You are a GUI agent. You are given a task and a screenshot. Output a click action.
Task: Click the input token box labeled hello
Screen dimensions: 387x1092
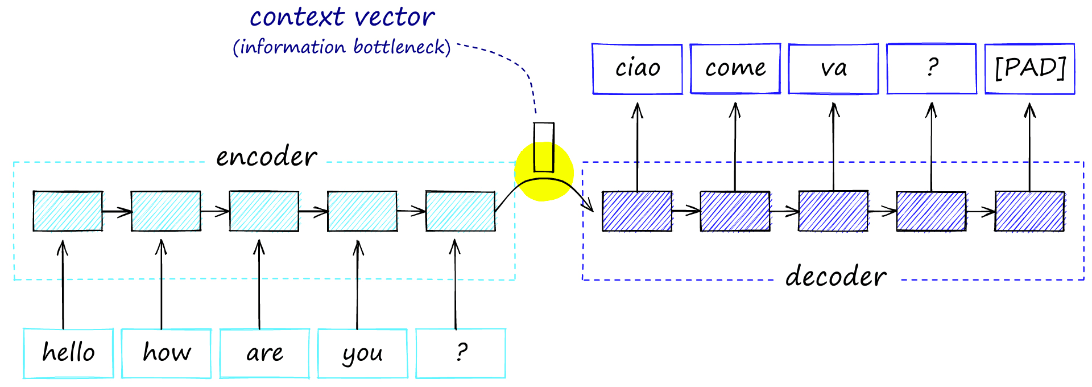pyautogui.click(x=68, y=353)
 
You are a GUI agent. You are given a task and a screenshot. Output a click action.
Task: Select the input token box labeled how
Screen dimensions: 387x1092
pyautogui.click(x=166, y=353)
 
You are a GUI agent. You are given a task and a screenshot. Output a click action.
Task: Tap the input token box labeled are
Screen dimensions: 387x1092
pyautogui.click(x=264, y=353)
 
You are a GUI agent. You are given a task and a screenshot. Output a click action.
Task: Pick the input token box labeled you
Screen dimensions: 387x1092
pyautogui.click(x=362, y=353)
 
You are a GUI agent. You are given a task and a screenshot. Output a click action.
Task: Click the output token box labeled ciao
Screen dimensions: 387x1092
pyautogui.click(x=637, y=69)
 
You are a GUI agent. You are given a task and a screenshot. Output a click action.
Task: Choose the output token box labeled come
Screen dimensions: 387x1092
pyautogui.click(x=735, y=69)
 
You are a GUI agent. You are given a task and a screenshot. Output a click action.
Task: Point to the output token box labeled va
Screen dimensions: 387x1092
pyautogui.click(x=833, y=69)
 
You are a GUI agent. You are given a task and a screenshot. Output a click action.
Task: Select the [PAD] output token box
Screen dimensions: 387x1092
pyautogui.click(x=1030, y=69)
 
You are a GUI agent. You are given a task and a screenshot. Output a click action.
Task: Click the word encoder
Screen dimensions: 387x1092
pyautogui.click(x=266, y=157)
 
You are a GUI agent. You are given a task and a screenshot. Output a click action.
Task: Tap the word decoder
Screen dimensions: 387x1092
pyautogui.click(x=835, y=277)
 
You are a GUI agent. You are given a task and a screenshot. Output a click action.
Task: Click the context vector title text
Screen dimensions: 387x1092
pyautogui.click(x=342, y=17)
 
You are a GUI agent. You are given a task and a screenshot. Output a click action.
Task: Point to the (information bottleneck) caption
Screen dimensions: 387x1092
pyautogui.click(x=342, y=47)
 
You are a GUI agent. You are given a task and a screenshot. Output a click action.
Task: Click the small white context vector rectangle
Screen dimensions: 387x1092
pyautogui.click(x=544, y=147)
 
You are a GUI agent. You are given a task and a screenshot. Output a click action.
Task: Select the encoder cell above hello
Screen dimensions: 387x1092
pyautogui.click(x=68, y=211)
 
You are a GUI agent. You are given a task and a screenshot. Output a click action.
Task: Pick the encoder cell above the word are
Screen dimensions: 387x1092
pyautogui.click(x=264, y=211)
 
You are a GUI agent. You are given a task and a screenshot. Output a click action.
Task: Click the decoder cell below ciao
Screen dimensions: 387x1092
pyautogui.click(x=637, y=211)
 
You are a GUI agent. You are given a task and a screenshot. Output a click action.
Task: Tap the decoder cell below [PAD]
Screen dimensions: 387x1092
pyautogui.click(x=1029, y=211)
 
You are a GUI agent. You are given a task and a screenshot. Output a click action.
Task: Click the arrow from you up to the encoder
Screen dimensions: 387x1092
pyautogui.click(x=358, y=285)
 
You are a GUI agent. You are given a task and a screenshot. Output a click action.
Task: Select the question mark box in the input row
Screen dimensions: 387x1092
pyautogui.click(x=461, y=353)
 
